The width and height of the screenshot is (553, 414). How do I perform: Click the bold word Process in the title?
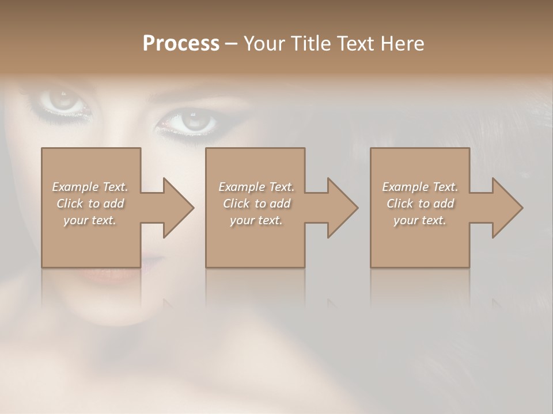click(181, 44)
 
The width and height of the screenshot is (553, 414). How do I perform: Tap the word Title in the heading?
click(310, 44)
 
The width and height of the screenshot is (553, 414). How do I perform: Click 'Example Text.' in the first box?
click(90, 187)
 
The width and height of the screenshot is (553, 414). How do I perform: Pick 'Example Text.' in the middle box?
click(256, 187)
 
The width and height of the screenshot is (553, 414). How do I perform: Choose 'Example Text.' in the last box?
click(420, 187)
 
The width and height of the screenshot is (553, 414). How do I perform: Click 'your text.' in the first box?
click(90, 220)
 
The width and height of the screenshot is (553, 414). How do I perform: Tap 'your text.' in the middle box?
click(256, 220)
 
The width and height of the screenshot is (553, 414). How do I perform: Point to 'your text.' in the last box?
click(420, 220)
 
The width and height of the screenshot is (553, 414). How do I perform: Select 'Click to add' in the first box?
click(90, 204)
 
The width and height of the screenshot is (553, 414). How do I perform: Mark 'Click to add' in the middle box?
click(256, 204)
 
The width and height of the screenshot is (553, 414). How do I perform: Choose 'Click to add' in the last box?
click(420, 204)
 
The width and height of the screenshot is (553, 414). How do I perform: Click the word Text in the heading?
click(355, 44)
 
